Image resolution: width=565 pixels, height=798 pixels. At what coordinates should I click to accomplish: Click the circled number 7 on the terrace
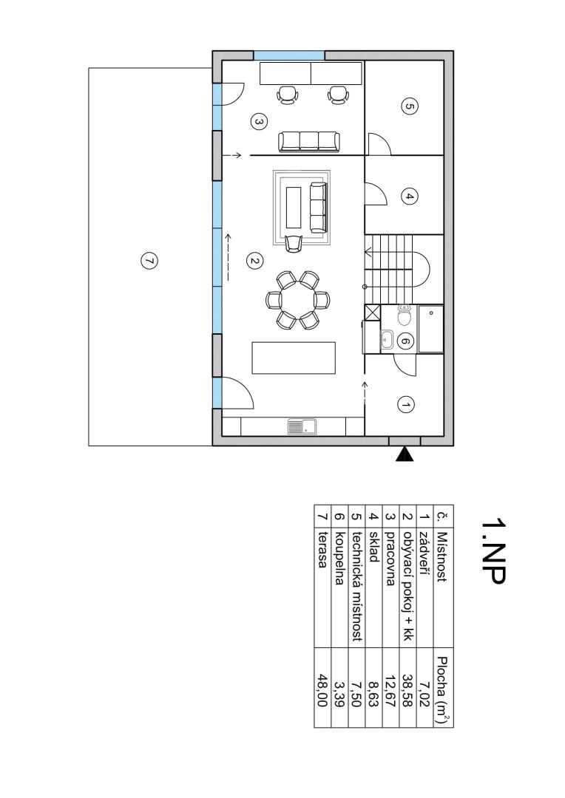point(149,261)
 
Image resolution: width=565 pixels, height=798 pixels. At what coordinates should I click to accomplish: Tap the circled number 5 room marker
point(410,107)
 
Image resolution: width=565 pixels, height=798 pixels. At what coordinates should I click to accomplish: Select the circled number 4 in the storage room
point(409,197)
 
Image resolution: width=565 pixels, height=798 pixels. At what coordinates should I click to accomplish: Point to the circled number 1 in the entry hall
point(405,405)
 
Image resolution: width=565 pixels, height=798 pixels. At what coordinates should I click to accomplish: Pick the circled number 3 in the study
point(259,122)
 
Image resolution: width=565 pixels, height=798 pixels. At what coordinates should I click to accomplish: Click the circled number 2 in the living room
point(254,261)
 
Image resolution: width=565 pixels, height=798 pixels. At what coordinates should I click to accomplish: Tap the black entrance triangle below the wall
point(405,454)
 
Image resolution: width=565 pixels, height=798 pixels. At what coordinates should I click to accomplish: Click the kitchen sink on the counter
point(302,426)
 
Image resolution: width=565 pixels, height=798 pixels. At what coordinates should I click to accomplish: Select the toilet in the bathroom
point(405,316)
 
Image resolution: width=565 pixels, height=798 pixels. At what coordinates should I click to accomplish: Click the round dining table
point(297,300)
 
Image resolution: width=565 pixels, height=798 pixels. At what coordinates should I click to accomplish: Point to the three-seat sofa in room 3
point(309,141)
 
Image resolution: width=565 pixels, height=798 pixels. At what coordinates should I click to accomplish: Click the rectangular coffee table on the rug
point(294,207)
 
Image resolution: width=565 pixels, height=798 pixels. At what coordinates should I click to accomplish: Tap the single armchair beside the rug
point(294,243)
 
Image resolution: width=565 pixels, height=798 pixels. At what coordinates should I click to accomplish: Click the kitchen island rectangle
point(294,358)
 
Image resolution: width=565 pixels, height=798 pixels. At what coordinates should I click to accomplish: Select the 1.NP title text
point(493,551)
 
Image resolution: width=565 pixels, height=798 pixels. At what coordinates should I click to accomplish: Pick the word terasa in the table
point(322,550)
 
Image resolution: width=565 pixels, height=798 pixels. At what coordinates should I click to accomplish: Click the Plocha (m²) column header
point(443,689)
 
